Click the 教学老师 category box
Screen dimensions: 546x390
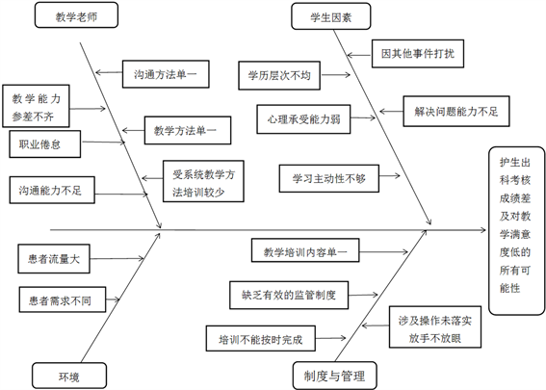click(x=76, y=15)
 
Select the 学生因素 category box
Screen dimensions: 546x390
click(x=331, y=16)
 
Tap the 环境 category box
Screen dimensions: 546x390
click(x=69, y=376)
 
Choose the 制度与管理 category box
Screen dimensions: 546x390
click(x=335, y=376)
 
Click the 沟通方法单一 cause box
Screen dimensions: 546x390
click(x=166, y=74)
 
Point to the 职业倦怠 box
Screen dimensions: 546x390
click(x=45, y=144)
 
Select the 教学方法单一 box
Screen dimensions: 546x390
click(x=188, y=131)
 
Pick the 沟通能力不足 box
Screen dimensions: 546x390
click(x=52, y=190)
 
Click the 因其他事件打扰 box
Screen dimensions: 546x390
click(x=418, y=54)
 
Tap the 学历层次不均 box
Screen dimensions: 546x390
click(x=279, y=75)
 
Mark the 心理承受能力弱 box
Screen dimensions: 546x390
click(x=303, y=119)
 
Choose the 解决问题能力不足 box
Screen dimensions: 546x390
click(x=456, y=112)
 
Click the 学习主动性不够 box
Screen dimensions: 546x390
click(x=329, y=179)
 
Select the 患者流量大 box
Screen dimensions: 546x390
click(x=54, y=259)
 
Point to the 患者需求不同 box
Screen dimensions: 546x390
click(x=63, y=299)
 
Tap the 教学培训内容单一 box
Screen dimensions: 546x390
click(x=305, y=250)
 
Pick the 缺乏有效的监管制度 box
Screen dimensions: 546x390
click(x=289, y=296)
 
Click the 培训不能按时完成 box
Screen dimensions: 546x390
click(x=261, y=338)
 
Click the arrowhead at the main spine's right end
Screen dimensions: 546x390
click(x=485, y=230)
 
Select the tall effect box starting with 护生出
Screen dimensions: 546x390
click(x=517, y=231)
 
